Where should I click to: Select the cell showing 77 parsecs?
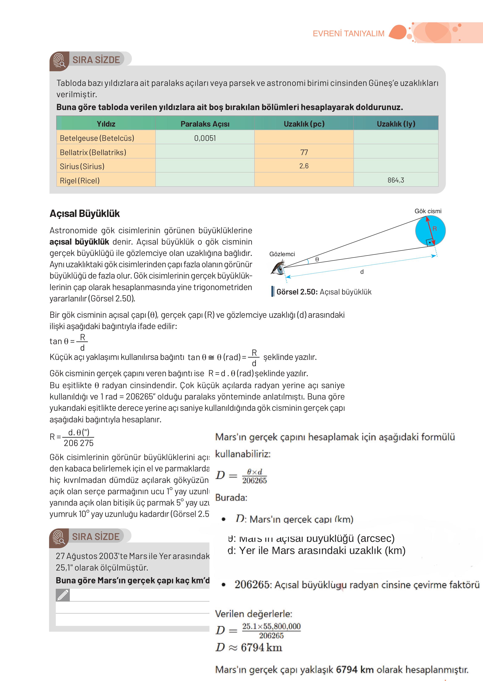(x=304, y=152)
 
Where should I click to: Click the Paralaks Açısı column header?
(x=205, y=124)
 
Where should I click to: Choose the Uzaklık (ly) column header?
(x=396, y=124)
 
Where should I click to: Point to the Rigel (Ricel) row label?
(x=80, y=180)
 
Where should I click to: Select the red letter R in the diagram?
(x=435, y=229)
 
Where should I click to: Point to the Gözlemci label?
(x=282, y=254)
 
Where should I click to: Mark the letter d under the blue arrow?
(x=362, y=271)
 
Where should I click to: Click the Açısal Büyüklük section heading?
(x=85, y=214)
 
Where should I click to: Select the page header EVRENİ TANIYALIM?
(x=348, y=34)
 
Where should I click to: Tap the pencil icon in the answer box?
(x=63, y=595)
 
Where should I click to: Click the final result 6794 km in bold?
(x=354, y=669)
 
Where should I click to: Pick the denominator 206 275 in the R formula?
(x=79, y=443)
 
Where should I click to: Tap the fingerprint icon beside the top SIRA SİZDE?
(x=59, y=61)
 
